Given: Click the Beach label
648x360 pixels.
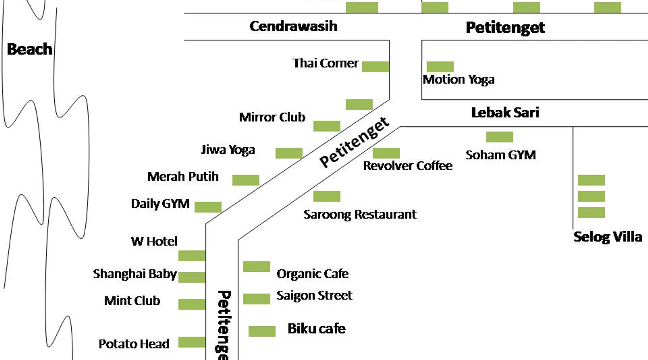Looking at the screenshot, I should click(x=30, y=49).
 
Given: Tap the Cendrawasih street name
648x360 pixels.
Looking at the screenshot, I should click(x=293, y=26).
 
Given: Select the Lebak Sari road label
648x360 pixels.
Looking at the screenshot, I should click(x=505, y=113).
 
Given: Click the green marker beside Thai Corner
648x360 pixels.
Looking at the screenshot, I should click(x=375, y=67).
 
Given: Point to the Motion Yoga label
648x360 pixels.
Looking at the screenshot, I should click(x=459, y=80).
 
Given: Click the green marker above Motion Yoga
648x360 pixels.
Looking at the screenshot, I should click(x=440, y=67).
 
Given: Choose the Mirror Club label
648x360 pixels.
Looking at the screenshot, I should click(x=272, y=117).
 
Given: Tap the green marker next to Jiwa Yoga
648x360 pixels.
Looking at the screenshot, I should click(x=289, y=153).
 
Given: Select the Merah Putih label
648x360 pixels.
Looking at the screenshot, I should click(x=183, y=177).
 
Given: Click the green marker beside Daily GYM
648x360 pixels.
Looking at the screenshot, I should click(x=208, y=207).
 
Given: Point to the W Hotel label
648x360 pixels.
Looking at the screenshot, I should click(x=154, y=241).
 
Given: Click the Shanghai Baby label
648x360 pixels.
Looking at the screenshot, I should click(x=135, y=274).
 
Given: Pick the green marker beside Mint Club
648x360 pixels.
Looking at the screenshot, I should click(x=192, y=304).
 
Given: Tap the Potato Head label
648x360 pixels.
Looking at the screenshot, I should click(x=134, y=344).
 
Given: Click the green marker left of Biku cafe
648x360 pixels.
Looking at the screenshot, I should click(x=262, y=331).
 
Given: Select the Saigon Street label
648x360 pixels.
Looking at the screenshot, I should click(x=314, y=296).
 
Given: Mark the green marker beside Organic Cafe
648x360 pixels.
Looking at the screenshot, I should click(x=257, y=266).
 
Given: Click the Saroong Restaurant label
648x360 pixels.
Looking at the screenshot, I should click(x=360, y=215).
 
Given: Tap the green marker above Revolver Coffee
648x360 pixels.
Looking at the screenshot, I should click(x=386, y=153).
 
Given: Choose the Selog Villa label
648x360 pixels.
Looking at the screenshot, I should click(x=608, y=237).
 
